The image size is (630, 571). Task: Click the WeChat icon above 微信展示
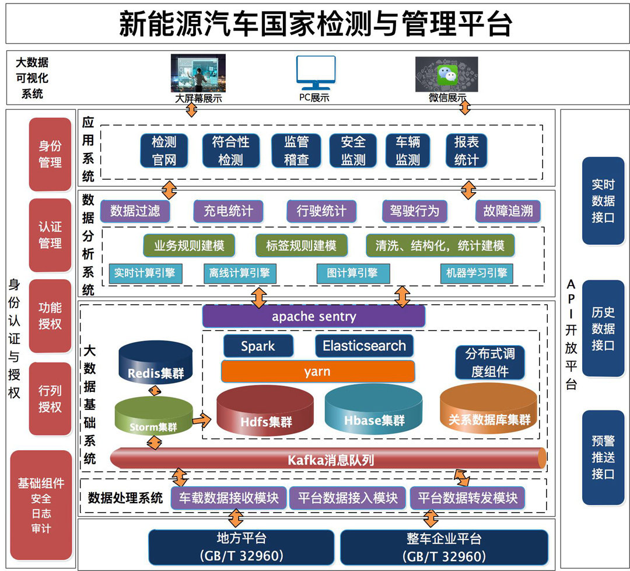tap(447, 74)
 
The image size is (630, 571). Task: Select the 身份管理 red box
tap(50, 154)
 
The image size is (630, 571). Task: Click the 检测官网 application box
tap(164, 151)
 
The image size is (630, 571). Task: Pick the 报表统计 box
tap(466, 151)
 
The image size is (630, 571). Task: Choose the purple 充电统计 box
tap(228, 211)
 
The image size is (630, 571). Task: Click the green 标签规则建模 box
tap(301, 246)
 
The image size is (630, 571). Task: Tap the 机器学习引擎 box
tap(477, 273)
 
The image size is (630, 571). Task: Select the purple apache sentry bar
tap(314, 317)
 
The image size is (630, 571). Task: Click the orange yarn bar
tap(317, 371)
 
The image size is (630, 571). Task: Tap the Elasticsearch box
tap(364, 346)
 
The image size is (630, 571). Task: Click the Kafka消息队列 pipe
tap(330, 459)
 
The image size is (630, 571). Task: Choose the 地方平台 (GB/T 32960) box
tap(241, 546)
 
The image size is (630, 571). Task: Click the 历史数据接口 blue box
tap(603, 328)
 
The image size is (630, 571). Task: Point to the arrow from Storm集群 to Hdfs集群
tap(201, 419)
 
